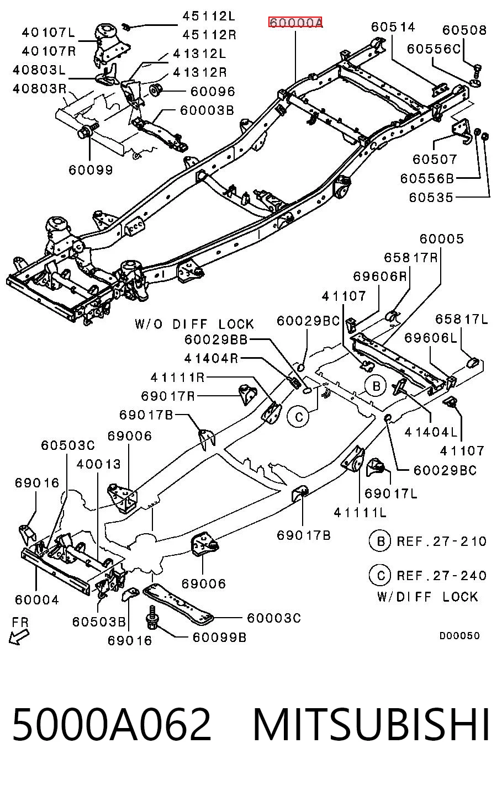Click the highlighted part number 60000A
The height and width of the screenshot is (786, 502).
pos(295,23)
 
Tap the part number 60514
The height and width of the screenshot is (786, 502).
pos(393,27)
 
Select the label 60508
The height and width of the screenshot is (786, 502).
pos(464,30)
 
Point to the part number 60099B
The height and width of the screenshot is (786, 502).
pos(219,637)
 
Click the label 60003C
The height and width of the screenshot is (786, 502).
pos(274,618)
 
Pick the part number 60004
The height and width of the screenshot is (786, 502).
pos(37,599)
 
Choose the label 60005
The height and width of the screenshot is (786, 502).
pos(442,239)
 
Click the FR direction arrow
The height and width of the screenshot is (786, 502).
pos(19,635)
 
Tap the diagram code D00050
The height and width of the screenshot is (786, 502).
pos(459,635)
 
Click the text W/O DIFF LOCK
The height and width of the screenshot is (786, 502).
pos(194,324)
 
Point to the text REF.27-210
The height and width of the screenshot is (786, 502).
pos(441,541)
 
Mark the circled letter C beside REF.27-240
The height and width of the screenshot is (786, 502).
pos(381,576)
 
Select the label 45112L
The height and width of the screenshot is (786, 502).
pos(209,16)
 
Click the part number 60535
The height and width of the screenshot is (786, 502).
pos(431,198)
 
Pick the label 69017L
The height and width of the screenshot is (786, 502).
pos(391,493)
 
